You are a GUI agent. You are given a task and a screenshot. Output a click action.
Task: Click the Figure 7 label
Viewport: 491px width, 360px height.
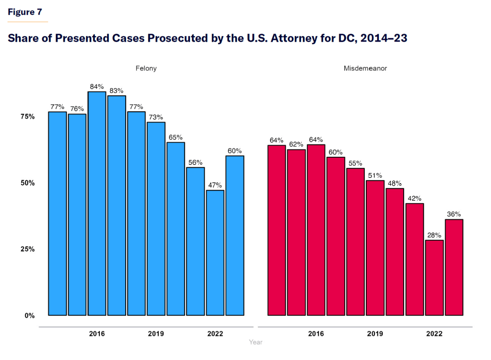tap(25, 12)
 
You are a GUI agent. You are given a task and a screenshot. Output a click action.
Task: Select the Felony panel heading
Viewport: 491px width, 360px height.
tap(146, 69)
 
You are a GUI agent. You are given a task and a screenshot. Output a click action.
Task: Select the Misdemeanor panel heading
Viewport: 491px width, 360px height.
tap(365, 69)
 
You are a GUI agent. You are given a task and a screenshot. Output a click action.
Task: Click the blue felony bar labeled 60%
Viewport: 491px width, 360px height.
tap(235, 235)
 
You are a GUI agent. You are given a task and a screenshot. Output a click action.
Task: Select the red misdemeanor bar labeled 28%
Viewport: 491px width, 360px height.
tap(434, 278)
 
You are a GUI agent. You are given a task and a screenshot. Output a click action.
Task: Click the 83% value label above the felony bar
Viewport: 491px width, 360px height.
tap(117, 91)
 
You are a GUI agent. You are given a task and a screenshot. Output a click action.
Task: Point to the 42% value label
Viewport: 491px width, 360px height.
tap(415, 198)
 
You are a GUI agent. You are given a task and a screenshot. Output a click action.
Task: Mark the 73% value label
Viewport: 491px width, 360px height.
tap(156, 117)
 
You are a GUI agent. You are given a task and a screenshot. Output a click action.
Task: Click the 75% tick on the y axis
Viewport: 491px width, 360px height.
tap(27, 116)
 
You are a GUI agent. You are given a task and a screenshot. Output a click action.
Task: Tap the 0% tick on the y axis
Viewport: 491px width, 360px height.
tap(29, 315)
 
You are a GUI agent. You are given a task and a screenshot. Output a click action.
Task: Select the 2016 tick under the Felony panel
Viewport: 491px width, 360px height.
tap(97, 334)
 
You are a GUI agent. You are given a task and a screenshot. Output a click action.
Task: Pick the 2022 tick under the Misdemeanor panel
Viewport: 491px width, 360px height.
tap(434, 334)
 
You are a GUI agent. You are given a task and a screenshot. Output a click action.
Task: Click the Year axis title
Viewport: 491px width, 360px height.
tap(256, 342)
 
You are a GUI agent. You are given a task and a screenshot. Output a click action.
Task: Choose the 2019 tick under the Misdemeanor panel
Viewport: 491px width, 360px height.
tap(375, 334)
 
